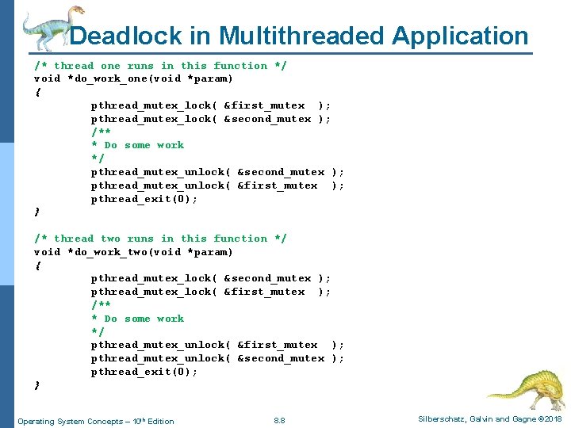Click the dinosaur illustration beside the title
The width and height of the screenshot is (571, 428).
[x=48, y=28]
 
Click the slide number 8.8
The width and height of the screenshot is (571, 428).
[x=278, y=420]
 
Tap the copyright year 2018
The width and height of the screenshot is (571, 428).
[x=553, y=419]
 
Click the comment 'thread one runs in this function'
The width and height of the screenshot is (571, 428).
[x=161, y=66]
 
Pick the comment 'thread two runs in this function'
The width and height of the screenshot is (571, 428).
[x=161, y=239]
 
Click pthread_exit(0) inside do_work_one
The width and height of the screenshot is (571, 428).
[x=144, y=199]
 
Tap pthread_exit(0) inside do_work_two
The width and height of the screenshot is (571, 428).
[x=144, y=372]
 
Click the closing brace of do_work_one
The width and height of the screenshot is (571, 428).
[x=37, y=212]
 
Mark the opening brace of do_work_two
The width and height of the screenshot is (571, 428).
[x=37, y=266]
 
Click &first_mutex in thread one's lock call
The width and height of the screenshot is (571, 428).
[x=264, y=105]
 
